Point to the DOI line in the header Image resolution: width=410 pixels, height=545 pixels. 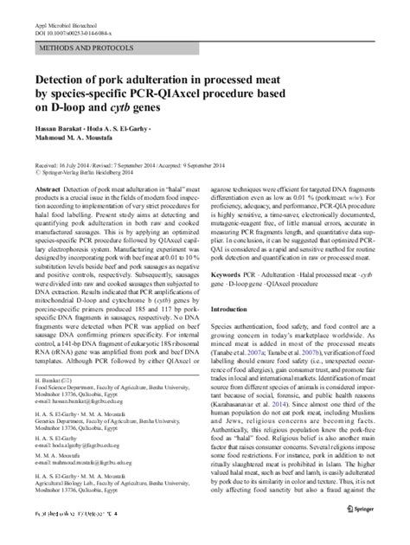(x=73, y=25)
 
